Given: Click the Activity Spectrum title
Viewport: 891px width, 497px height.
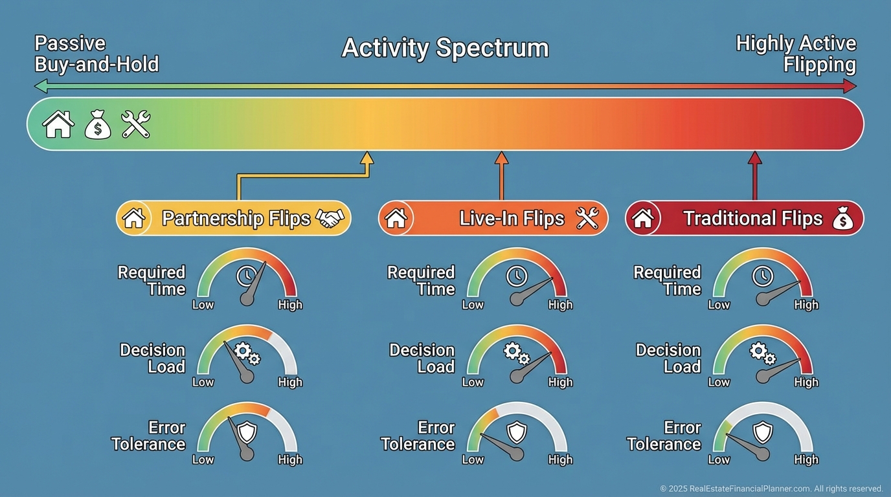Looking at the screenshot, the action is point(445,49).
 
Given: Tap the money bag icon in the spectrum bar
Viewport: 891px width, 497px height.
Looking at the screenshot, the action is point(98,124).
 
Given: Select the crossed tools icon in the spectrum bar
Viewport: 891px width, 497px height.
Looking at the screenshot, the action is point(135,124).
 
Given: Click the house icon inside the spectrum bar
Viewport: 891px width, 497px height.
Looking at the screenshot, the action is point(58,124).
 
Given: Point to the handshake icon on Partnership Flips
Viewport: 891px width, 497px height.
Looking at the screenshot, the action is point(330,218).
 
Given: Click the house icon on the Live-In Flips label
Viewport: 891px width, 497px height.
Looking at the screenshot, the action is point(396,218).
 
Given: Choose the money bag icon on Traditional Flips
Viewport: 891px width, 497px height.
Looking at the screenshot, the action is point(843,218).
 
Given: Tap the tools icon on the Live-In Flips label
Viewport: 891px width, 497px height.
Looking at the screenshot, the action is point(587,218).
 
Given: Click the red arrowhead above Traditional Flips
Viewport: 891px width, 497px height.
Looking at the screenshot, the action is point(754,158).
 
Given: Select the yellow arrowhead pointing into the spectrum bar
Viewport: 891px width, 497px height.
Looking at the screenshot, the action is point(367,158).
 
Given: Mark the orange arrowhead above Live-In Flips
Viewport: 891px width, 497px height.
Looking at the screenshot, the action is point(501,158).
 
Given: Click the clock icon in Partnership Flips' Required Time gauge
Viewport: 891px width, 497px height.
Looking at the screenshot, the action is point(247,276).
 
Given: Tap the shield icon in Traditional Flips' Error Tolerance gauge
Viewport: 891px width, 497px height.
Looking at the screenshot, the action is point(763,432).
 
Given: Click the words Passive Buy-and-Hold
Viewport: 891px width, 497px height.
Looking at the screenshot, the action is point(96,54).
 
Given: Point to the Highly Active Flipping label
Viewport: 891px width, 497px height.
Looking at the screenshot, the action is point(796,54).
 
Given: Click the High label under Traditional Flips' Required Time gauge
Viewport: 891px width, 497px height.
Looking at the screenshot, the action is point(806,305).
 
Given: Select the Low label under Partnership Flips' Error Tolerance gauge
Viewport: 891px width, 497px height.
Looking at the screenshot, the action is point(203,459).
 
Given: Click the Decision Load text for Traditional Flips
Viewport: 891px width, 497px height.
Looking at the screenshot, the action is point(668,359).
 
